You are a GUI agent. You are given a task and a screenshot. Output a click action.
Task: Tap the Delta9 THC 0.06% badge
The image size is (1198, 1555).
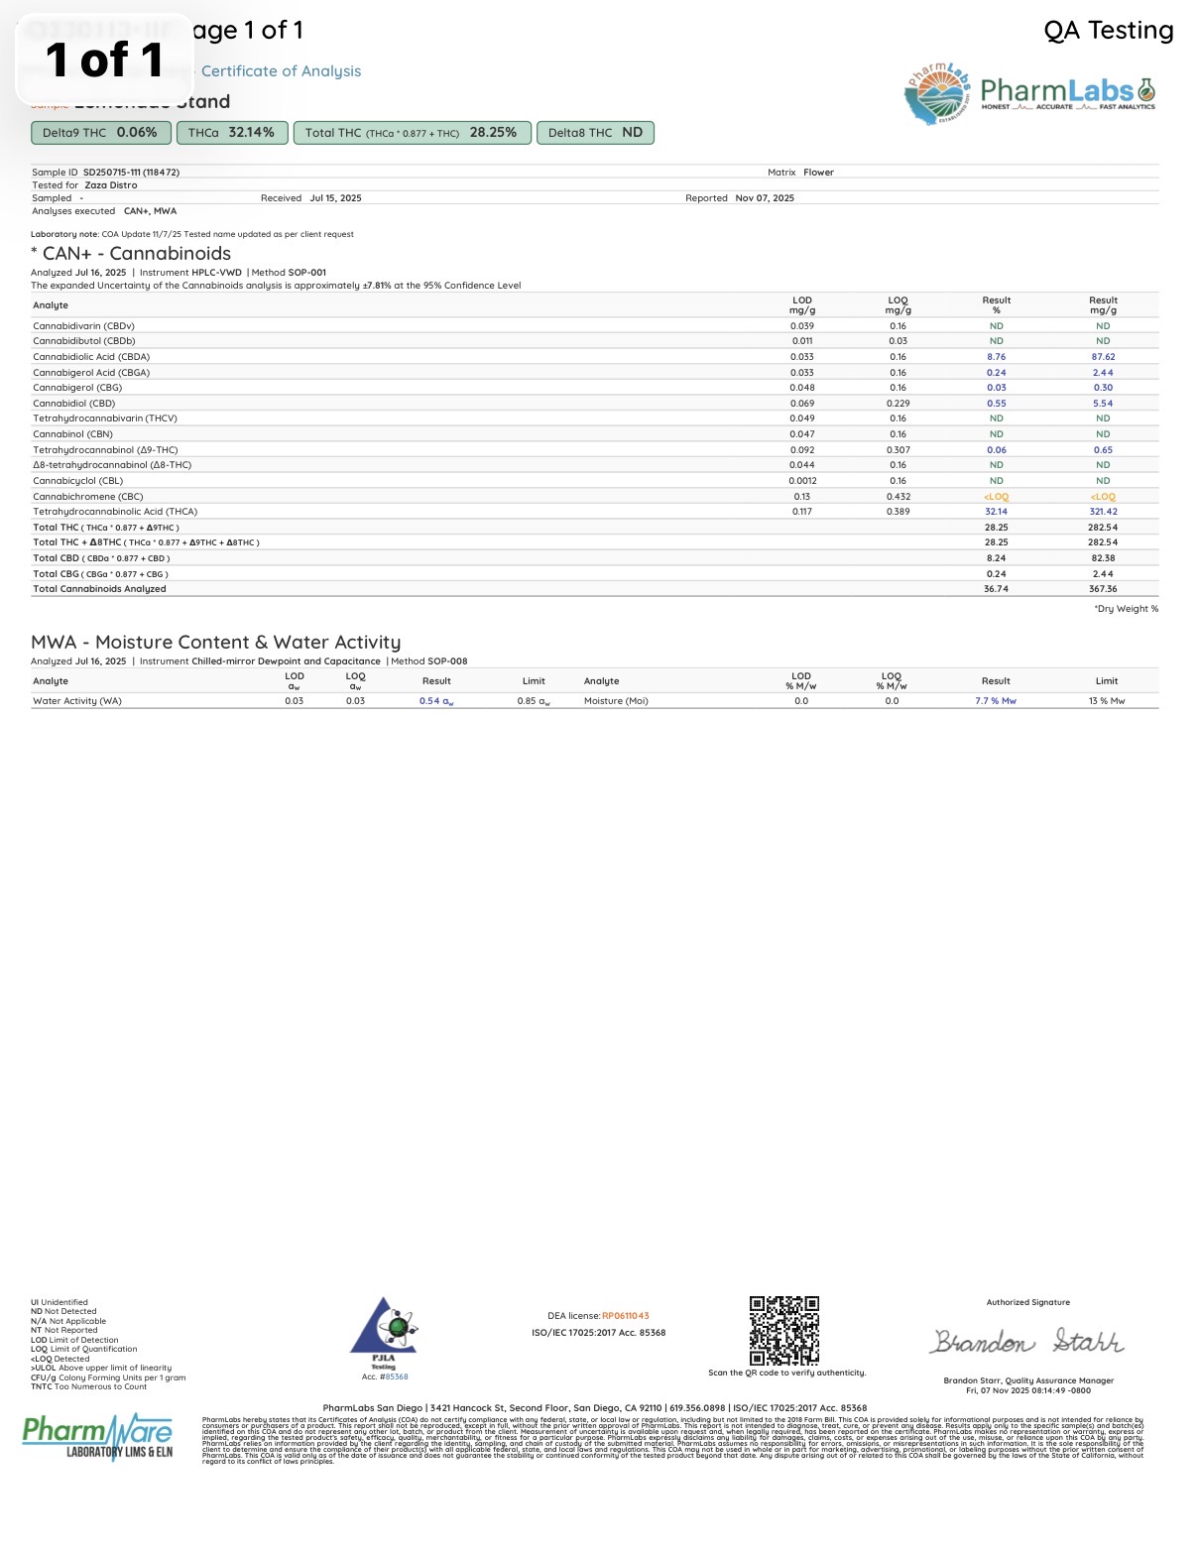pyautogui.click(x=100, y=133)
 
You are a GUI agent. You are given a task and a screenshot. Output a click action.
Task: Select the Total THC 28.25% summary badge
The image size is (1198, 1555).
pyautogui.click(x=411, y=133)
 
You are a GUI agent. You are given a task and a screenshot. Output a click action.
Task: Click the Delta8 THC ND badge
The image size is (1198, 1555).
pyautogui.click(x=595, y=133)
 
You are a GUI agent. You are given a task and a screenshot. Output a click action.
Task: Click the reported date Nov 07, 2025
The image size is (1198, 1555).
pyautogui.click(x=765, y=198)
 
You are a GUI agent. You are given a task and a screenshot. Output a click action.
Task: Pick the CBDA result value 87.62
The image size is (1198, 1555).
pyautogui.click(x=1103, y=357)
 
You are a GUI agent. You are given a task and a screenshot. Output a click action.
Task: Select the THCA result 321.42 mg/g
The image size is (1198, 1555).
pyautogui.click(x=1103, y=512)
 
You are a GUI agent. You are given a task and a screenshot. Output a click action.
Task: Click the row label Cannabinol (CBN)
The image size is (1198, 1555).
pyautogui.click(x=72, y=434)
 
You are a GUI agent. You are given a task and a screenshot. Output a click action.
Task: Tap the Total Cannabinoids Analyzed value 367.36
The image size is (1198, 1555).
pyautogui.click(x=1103, y=589)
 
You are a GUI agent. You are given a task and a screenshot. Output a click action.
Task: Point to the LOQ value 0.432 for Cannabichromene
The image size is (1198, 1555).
pyautogui.click(x=898, y=497)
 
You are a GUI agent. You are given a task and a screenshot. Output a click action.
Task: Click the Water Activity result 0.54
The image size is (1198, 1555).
pyautogui.click(x=435, y=701)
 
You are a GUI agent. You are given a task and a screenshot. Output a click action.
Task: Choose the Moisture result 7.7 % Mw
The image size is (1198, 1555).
pyautogui.click(x=996, y=701)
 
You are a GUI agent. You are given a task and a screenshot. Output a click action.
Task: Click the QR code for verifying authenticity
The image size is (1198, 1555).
pyautogui.click(x=783, y=1330)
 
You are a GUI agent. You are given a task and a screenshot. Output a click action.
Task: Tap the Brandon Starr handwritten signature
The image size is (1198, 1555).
pyautogui.click(x=1027, y=1342)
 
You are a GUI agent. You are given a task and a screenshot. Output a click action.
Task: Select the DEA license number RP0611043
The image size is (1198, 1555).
pyautogui.click(x=625, y=1316)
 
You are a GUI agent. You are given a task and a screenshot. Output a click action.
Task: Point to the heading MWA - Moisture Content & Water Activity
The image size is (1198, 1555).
pyautogui.click(x=216, y=643)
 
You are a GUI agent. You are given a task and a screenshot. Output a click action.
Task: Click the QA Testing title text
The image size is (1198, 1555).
pyautogui.click(x=1108, y=31)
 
